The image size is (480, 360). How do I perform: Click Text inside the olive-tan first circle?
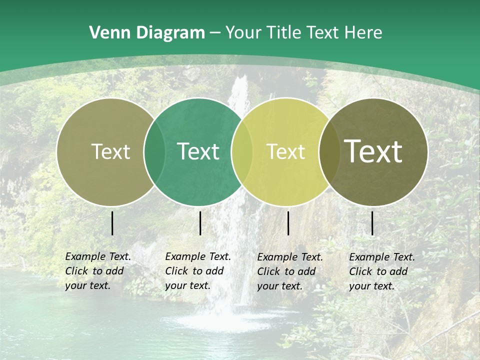(x=110, y=152)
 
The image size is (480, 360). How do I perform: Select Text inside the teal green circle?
(x=198, y=152)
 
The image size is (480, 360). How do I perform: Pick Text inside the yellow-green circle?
(x=285, y=152)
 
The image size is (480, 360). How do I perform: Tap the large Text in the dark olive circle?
(x=373, y=151)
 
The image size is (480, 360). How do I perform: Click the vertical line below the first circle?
(x=112, y=223)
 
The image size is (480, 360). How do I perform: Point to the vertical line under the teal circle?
(x=200, y=223)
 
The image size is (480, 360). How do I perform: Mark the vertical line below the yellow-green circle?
(x=288, y=223)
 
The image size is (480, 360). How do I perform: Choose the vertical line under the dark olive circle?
(x=372, y=223)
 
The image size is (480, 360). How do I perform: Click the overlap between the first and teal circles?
(x=154, y=152)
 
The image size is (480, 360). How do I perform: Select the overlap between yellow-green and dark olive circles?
(x=328, y=152)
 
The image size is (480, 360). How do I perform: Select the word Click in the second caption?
(x=176, y=271)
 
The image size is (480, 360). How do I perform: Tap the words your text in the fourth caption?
(x=371, y=286)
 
